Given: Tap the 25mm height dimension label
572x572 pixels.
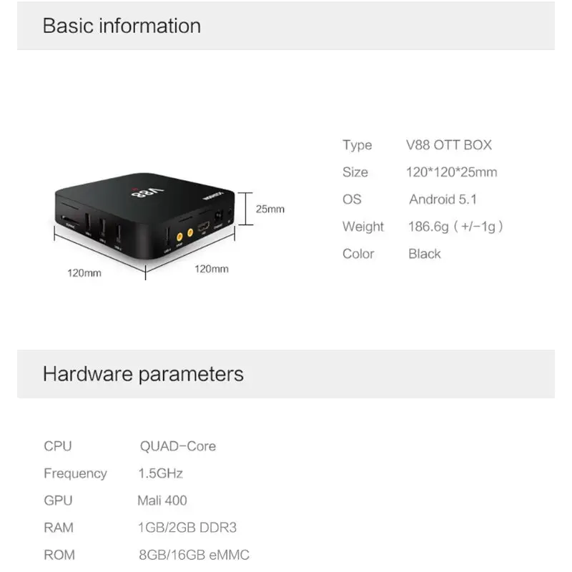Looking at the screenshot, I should pos(270,209).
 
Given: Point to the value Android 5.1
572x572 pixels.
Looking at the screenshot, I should pos(443,199).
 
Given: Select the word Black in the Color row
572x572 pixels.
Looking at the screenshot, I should pos(425,254).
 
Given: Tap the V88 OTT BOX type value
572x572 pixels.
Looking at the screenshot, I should pos(449,145).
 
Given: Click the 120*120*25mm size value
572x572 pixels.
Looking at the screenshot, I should pos(451,172).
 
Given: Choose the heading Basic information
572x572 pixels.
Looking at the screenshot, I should pos(122,26).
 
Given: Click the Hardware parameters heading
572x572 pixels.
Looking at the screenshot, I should pos(143,373).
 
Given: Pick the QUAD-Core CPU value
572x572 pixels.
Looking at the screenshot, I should pos(177,446).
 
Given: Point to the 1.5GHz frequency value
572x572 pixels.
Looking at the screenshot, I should pos(161,473).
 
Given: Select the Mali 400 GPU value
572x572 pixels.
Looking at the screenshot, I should pos(162,500).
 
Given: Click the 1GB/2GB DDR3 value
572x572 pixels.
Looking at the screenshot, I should pos(187,528).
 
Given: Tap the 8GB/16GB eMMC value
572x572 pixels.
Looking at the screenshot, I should pos(194,555).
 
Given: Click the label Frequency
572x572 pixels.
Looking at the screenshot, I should pos(75,473).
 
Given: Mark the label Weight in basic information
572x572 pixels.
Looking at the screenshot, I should pos(363,227).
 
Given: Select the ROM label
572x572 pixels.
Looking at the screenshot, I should pos(59,555).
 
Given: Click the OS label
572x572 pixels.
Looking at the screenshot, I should pos(352,199).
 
